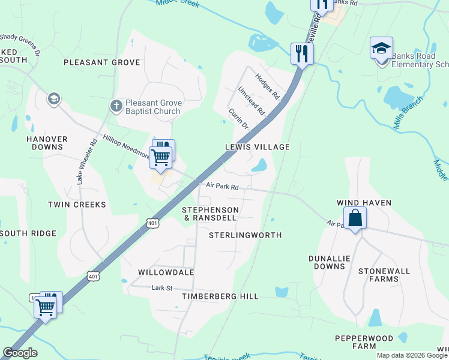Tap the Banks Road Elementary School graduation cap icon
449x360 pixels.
pyautogui.click(x=382, y=49)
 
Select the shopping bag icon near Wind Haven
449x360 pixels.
pyautogui.click(x=355, y=217)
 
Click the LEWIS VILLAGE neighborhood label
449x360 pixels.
pyautogui.click(x=258, y=147)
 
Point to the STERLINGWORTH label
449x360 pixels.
pyautogui.click(x=245, y=235)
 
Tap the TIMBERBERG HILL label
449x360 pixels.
pyautogui.click(x=221, y=296)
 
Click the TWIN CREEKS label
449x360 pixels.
pyautogui.click(x=77, y=205)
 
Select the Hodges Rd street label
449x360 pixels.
pyautogui.click(x=268, y=86)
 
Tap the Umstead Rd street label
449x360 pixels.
pyautogui.click(x=251, y=100)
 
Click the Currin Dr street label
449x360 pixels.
pyautogui.click(x=238, y=118)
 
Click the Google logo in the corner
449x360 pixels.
pyautogui.click(x=20, y=353)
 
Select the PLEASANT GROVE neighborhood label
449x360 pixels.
pyautogui.click(x=101, y=62)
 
